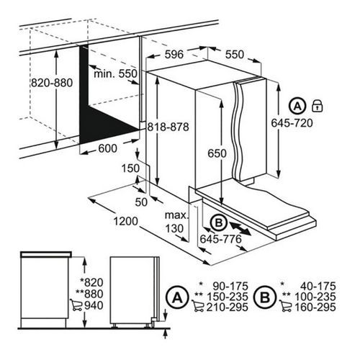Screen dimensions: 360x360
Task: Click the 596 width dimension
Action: pos(174,54)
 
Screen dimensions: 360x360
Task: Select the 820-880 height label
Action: pos(52,83)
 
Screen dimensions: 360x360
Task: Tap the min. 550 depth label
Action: pos(115,73)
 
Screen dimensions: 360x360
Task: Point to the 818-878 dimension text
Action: pos(168,127)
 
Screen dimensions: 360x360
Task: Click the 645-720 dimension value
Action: pos(292,123)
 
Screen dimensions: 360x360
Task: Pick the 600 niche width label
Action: pos(108,148)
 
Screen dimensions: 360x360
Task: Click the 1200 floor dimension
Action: pos(125,221)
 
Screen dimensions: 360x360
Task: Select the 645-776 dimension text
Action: pos(220,239)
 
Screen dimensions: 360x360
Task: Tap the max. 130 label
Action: pos(176,222)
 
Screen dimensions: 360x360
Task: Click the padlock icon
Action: pos(317,106)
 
